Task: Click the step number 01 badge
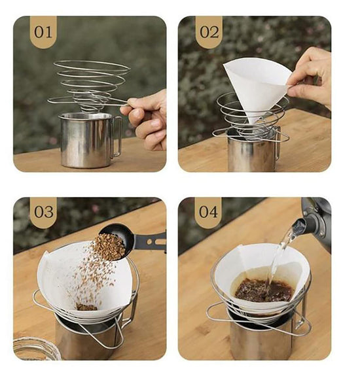click(43, 32)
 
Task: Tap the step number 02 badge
click(209, 32)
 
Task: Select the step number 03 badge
click(44, 212)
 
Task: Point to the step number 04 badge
click(208, 212)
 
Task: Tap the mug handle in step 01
click(117, 136)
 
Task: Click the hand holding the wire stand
click(147, 119)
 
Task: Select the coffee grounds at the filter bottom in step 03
click(86, 307)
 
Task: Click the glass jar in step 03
click(35, 348)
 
